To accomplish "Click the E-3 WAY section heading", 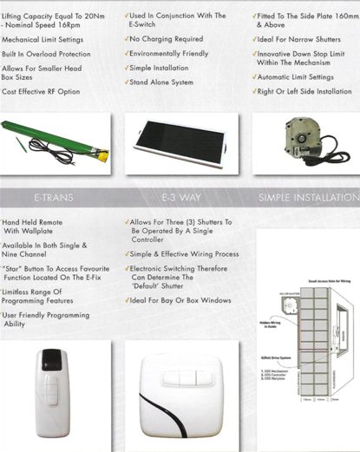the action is tap(176, 199).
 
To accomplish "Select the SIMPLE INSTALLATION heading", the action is tap(309, 199).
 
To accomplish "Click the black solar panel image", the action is tap(178, 142).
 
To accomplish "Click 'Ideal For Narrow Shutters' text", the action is tap(299, 39).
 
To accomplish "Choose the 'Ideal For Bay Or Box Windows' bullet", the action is tap(181, 300).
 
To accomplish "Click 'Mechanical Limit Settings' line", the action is tap(43, 40).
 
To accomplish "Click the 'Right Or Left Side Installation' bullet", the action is tap(305, 91).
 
